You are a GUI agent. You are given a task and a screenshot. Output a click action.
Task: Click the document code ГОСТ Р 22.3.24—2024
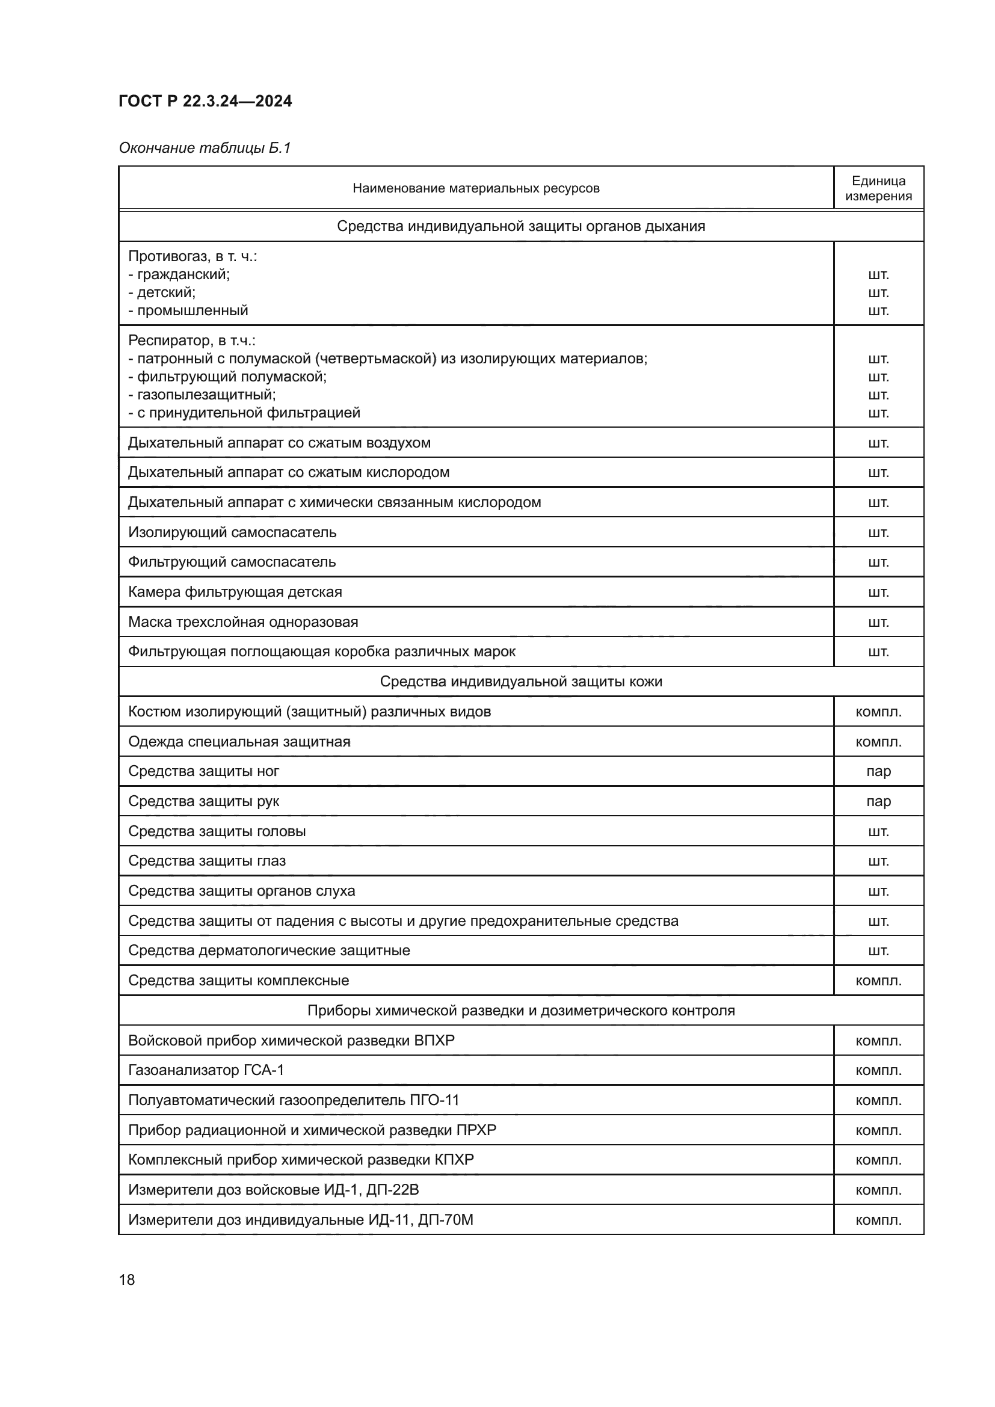tap(205, 101)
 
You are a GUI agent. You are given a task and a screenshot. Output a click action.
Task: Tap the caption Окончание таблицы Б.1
tap(205, 148)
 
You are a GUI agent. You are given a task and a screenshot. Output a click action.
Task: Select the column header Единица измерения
tap(878, 188)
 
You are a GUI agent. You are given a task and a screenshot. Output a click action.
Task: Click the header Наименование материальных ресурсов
tap(475, 188)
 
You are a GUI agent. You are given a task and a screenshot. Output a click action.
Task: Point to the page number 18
tap(127, 1279)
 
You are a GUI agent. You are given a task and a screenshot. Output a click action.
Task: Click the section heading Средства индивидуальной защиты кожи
tap(521, 682)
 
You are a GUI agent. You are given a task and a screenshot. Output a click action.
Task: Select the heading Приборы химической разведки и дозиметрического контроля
tap(521, 1011)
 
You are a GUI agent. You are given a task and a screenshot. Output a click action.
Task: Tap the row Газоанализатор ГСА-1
tap(206, 1070)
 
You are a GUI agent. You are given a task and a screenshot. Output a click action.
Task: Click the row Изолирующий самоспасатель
tap(232, 532)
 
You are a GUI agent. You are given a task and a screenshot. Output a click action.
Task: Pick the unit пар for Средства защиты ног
tap(878, 772)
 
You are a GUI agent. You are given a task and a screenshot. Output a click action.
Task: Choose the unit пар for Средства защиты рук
tap(878, 801)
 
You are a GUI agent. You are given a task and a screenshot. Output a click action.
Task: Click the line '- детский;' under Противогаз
tap(162, 292)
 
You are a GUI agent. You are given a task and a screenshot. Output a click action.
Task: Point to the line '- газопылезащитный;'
tap(202, 395)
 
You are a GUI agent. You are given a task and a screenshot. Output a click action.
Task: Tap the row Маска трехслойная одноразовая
tap(242, 622)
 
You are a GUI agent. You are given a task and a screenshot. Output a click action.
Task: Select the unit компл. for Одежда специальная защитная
tap(878, 742)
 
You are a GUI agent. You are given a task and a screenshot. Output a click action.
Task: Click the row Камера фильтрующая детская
tap(235, 592)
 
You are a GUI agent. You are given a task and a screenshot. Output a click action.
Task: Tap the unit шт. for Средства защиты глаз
tap(878, 861)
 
